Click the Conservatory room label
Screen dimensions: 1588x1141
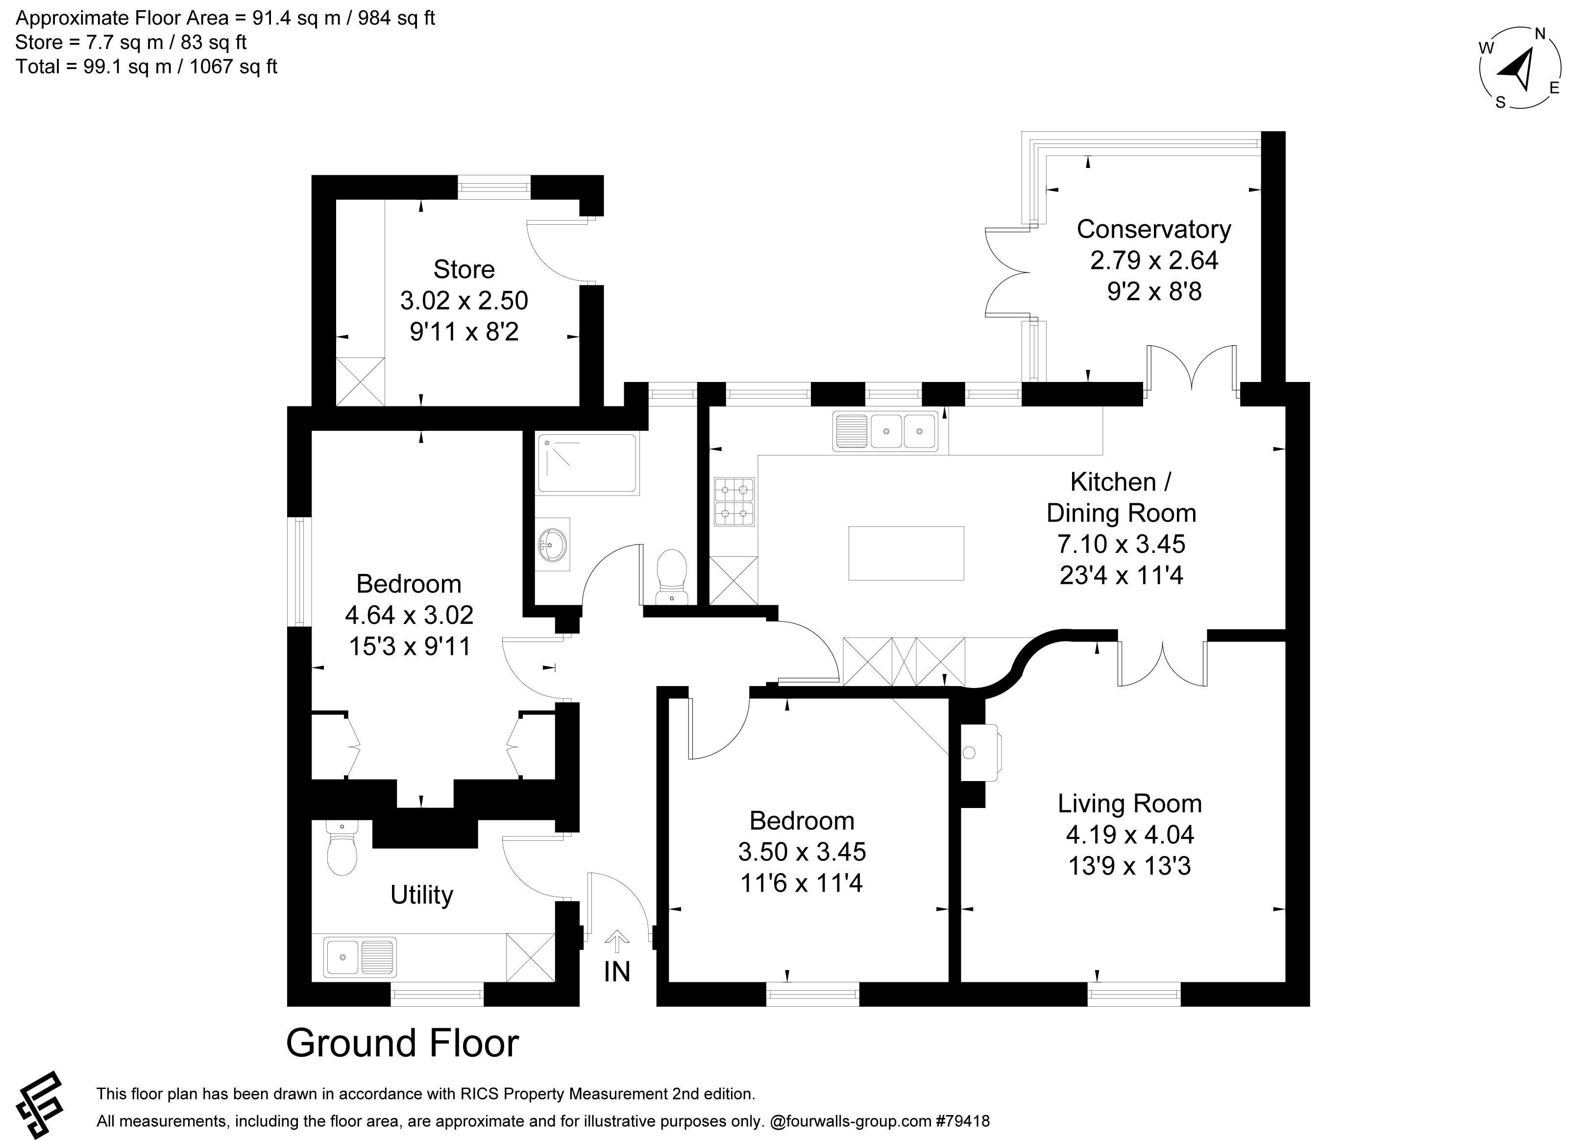(x=1153, y=229)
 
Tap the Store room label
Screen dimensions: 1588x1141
(x=464, y=269)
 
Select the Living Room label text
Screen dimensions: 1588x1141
(x=1129, y=804)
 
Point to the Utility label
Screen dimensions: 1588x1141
(x=421, y=895)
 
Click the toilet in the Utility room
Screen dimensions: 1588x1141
(x=342, y=848)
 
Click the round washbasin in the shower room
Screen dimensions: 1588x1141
(x=553, y=544)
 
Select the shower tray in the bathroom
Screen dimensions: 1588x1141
(x=587, y=463)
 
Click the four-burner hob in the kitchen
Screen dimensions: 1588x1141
(x=734, y=501)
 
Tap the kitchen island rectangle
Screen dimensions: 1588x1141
(x=906, y=553)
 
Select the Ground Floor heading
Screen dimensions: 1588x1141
(x=403, y=1043)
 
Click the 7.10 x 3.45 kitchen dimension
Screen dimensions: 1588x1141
(x=1121, y=544)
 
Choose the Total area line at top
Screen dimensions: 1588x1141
(x=147, y=67)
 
